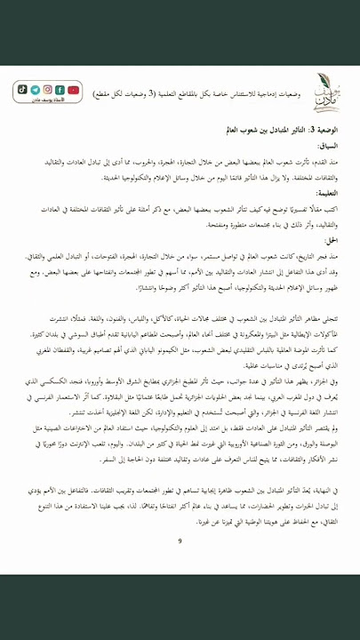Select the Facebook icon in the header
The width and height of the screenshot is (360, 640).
tap(60, 89)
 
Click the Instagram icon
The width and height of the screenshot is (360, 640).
tap(47, 89)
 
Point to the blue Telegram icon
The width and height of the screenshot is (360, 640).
tap(35, 89)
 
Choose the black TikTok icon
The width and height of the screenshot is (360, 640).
tap(22, 89)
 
